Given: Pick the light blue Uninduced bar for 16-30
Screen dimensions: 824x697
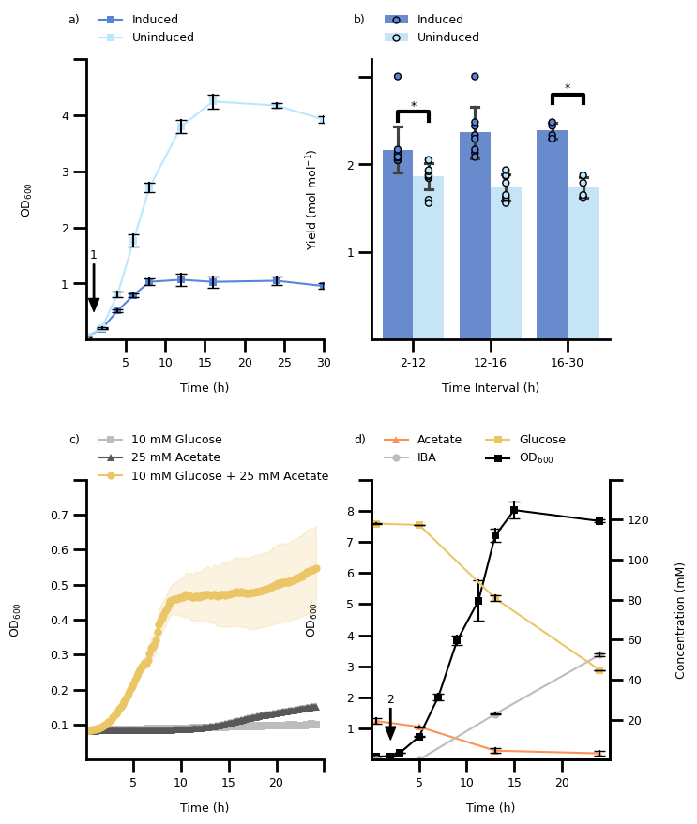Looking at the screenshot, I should pos(583,263).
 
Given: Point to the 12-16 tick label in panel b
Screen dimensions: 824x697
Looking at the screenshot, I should pos(490,363).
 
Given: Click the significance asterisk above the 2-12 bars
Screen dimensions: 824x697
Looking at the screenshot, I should pos(413,106).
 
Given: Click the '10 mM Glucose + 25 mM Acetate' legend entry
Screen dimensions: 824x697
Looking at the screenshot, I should pos(230,476).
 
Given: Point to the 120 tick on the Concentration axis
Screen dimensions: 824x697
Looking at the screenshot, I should pos(638,520).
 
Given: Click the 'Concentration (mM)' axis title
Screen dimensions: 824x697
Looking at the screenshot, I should pos(681,620).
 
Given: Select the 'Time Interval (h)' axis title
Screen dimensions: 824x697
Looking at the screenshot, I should pos(491,388).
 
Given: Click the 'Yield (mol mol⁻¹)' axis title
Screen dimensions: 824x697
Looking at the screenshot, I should pos(311,200).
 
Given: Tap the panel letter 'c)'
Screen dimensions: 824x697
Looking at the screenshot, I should pos(74,440).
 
